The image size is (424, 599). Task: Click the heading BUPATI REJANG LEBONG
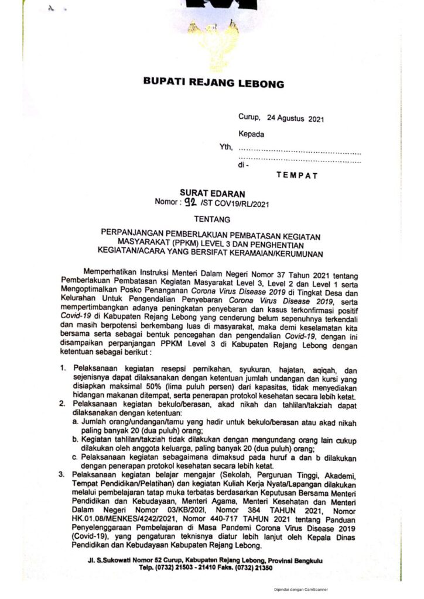213,82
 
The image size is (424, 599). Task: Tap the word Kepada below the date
251,134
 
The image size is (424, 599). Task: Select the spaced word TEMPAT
297,174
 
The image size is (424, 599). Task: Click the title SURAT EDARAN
213,193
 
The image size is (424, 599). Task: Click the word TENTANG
213,220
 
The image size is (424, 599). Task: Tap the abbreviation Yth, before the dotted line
226,147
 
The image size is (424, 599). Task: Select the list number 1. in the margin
62,370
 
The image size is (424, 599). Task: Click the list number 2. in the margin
62,404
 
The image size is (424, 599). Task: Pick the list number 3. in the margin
62,476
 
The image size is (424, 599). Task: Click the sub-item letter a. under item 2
75,421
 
